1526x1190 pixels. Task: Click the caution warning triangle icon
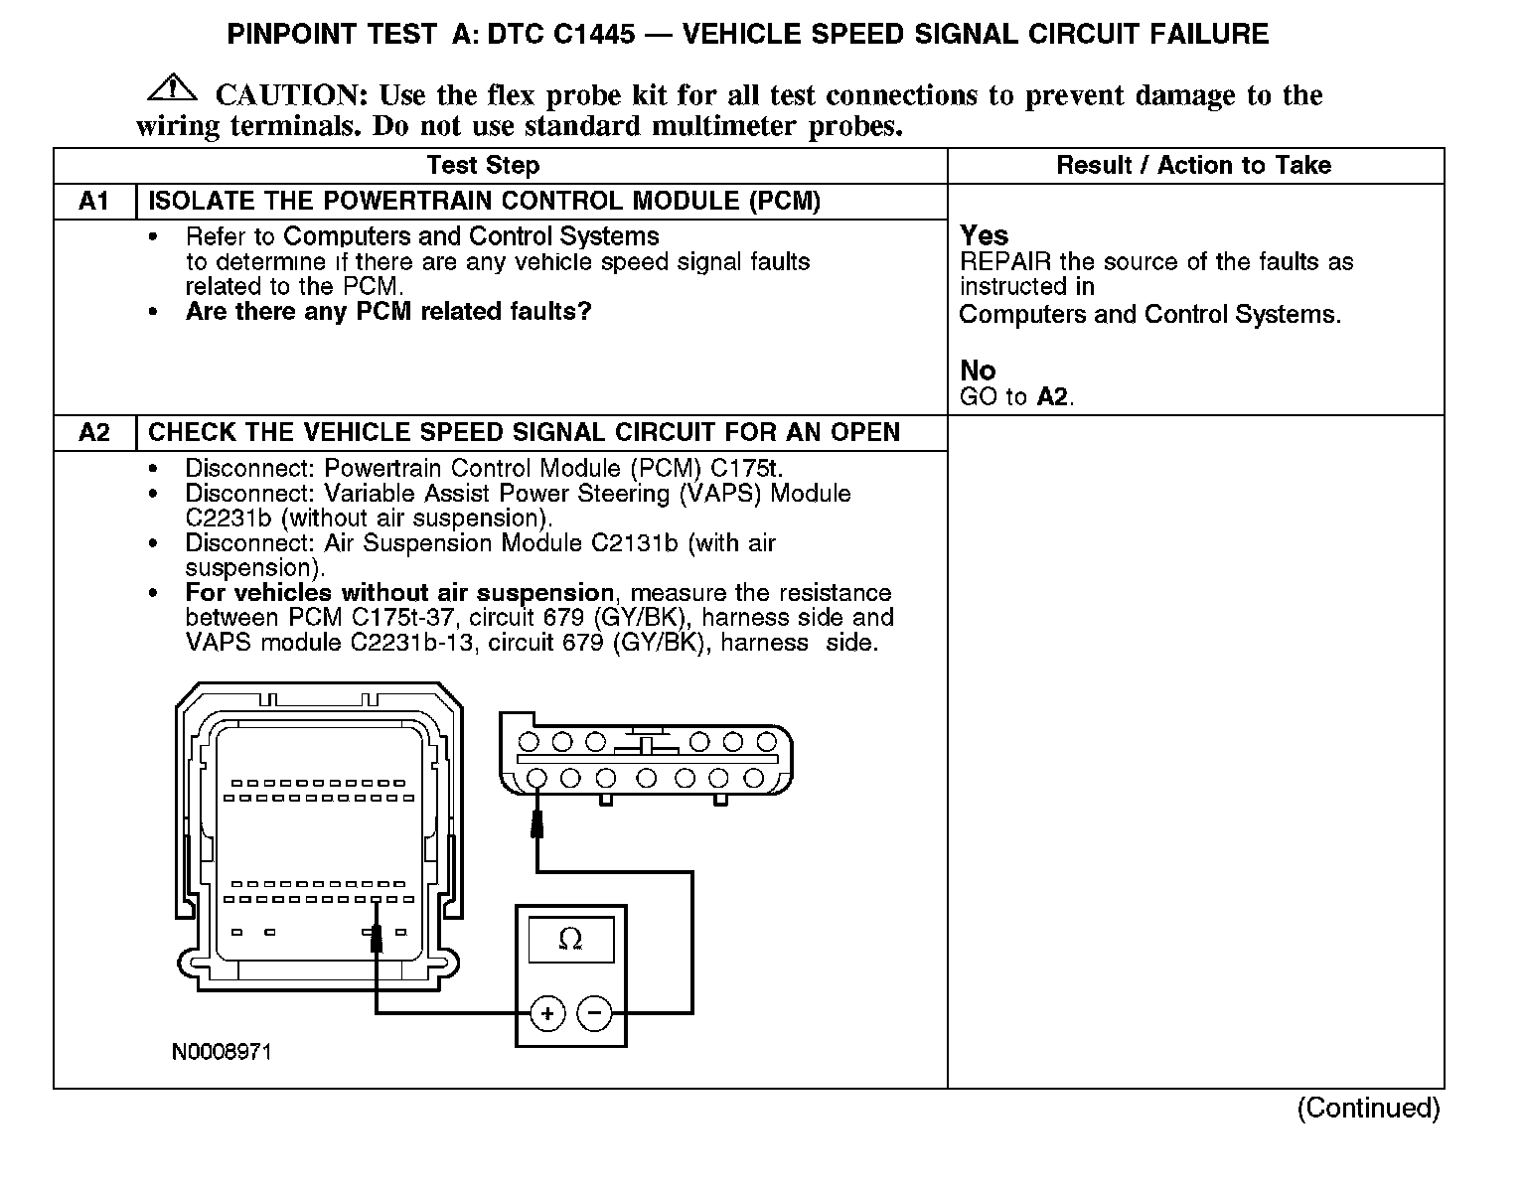tap(171, 88)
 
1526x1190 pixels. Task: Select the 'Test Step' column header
tap(483, 166)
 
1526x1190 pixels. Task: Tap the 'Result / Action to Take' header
tap(1193, 166)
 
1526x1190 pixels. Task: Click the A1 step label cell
tap(93, 202)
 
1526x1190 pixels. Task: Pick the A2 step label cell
tap(93, 433)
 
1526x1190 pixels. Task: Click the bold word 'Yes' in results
tap(984, 236)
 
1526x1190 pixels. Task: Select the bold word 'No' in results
tap(978, 372)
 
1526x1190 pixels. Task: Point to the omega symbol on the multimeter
tap(570, 939)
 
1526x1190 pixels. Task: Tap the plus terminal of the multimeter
tap(546, 1013)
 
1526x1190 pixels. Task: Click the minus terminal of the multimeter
tap(595, 1013)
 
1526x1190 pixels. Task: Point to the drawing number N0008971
tap(222, 1052)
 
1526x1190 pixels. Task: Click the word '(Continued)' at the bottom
tap(1367, 1108)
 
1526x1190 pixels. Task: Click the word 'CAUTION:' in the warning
tap(292, 95)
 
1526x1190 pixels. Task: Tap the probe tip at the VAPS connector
tap(536, 820)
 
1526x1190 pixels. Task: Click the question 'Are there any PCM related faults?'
tap(388, 312)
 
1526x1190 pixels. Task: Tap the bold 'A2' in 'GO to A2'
tap(1052, 397)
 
